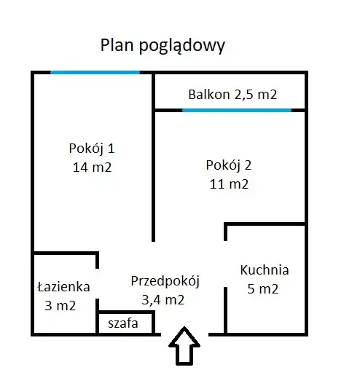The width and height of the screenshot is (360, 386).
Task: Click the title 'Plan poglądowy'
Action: [163, 46]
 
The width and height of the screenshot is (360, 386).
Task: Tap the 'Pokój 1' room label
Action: [92, 149]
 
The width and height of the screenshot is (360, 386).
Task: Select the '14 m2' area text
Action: [92, 168]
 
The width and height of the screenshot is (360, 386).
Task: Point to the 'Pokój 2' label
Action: [229, 165]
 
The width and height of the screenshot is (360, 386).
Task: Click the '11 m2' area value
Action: [229, 184]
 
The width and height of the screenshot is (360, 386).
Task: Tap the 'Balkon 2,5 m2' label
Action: [232, 94]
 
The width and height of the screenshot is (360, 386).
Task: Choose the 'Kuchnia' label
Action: [265, 269]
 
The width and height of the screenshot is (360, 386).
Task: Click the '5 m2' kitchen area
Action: [262, 288]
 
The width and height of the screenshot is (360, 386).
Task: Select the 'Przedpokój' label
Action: [165, 281]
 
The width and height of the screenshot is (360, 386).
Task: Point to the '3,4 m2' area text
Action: [163, 300]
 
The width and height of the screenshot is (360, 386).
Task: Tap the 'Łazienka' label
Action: [63, 287]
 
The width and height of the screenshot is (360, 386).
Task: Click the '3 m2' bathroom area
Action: [60, 306]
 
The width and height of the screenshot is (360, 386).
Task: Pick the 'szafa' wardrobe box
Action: [125, 323]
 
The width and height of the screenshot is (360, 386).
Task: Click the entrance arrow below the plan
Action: [184, 346]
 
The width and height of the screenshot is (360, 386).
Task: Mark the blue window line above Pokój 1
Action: [95, 72]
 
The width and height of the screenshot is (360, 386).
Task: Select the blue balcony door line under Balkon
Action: [237, 110]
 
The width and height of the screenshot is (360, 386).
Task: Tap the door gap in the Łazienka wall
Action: [98, 283]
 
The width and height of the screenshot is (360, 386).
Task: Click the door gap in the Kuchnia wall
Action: [225, 264]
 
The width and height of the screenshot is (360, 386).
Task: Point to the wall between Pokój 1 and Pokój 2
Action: [153, 157]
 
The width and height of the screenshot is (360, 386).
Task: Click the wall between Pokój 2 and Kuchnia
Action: [265, 224]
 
